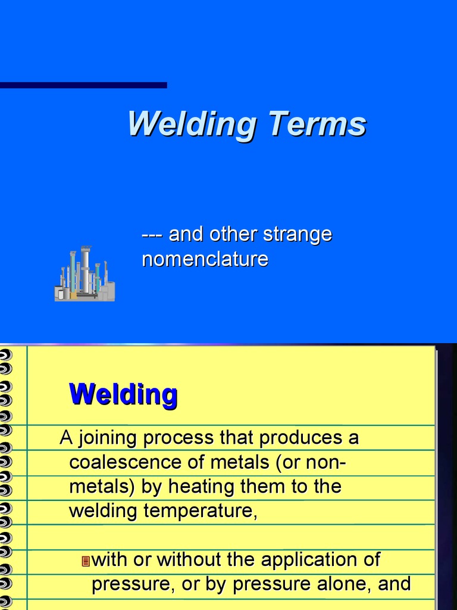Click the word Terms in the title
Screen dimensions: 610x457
click(x=317, y=124)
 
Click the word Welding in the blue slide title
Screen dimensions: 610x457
click(x=192, y=124)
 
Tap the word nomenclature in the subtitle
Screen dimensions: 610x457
click(x=205, y=259)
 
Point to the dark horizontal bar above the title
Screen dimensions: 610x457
click(x=83, y=85)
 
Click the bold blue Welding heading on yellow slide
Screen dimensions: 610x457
click(x=123, y=394)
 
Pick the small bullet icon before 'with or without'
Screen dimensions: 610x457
click(x=85, y=561)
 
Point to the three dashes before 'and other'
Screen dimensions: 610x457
click(x=152, y=234)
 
